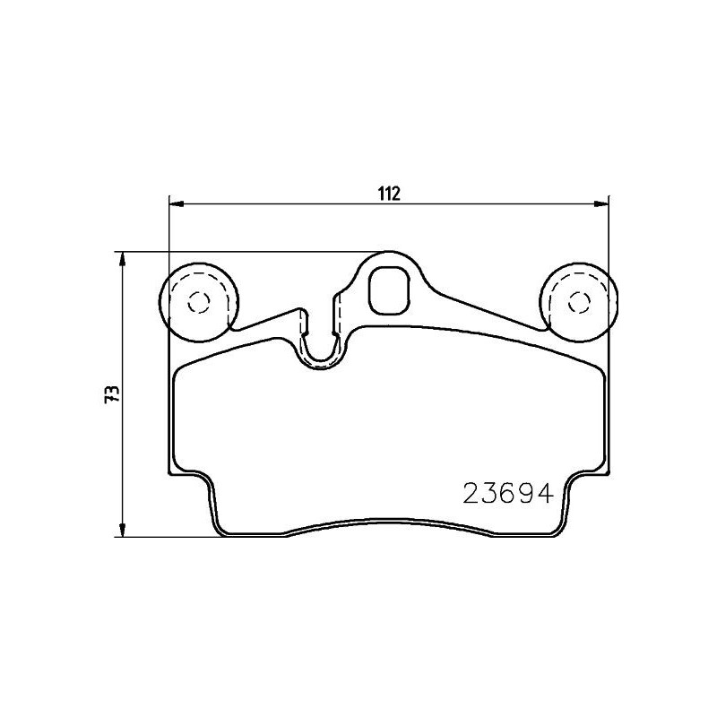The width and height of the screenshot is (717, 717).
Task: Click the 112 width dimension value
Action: pos(387,193)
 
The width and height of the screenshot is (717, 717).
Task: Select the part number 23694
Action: pos(505,494)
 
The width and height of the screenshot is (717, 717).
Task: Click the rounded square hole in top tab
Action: pos(390,291)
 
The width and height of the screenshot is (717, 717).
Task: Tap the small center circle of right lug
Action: pos(577,303)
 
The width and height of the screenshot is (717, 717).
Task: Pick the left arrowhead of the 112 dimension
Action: pos(177,205)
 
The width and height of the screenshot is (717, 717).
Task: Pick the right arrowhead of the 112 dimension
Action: pos(600,205)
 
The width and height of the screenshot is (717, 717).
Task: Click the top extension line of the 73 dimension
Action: pos(251,252)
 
